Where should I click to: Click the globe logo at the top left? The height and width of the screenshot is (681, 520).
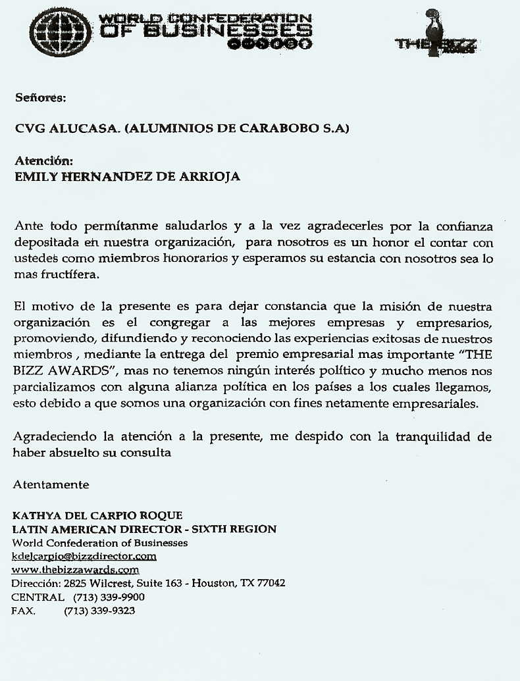pyautogui.click(x=61, y=31)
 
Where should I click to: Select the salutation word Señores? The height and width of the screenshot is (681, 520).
pyautogui.click(x=41, y=98)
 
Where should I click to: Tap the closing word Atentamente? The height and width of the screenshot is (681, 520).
pyautogui.click(x=51, y=484)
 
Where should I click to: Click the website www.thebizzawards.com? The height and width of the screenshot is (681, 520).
pyautogui.click(x=76, y=570)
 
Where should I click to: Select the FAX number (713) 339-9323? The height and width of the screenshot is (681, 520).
pyautogui.click(x=99, y=611)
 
